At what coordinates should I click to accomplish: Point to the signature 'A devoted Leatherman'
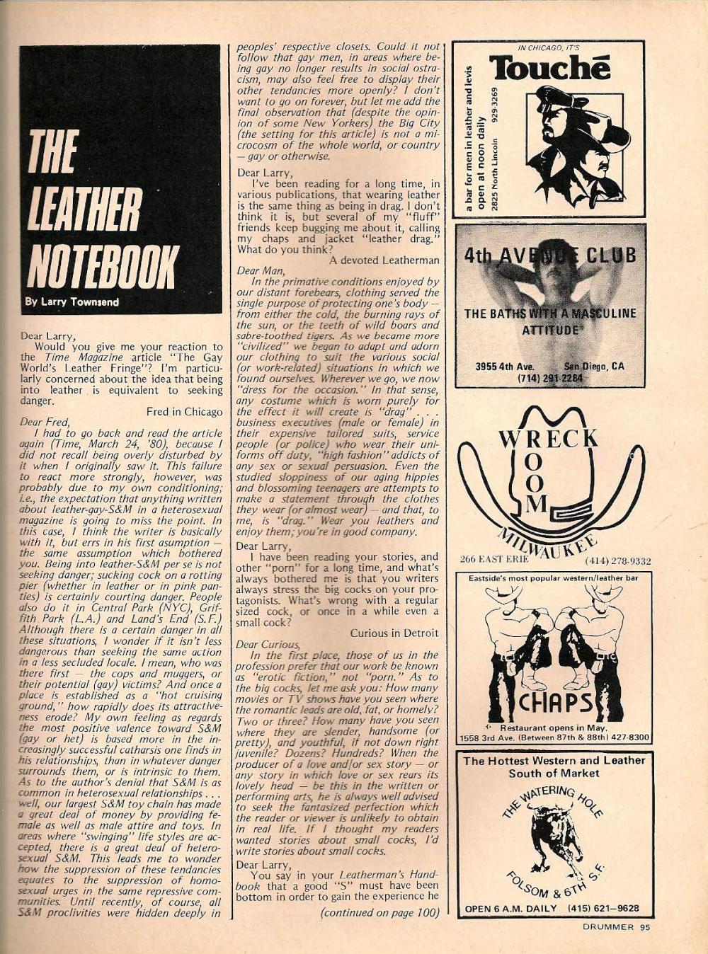point(384,260)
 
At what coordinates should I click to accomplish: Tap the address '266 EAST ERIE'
point(491,560)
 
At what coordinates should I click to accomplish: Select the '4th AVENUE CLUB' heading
point(549,255)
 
